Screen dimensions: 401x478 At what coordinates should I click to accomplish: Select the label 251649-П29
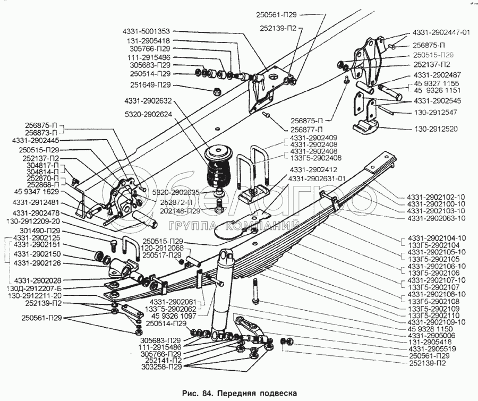click(150, 85)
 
